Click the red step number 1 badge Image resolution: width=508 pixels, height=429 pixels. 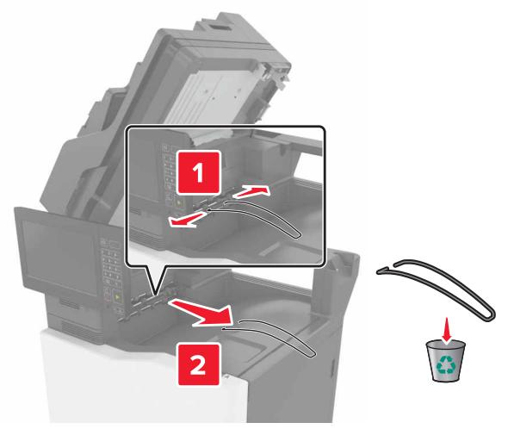tap(198, 172)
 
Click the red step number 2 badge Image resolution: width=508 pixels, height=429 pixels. tap(198, 364)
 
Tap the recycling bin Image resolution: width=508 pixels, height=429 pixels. tap(445, 361)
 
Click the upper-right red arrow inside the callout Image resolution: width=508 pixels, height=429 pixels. tap(251, 192)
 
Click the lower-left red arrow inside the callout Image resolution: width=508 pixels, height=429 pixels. tap(187, 219)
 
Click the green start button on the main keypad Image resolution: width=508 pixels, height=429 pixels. tap(116, 297)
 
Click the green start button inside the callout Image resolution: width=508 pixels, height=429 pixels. tap(180, 203)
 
